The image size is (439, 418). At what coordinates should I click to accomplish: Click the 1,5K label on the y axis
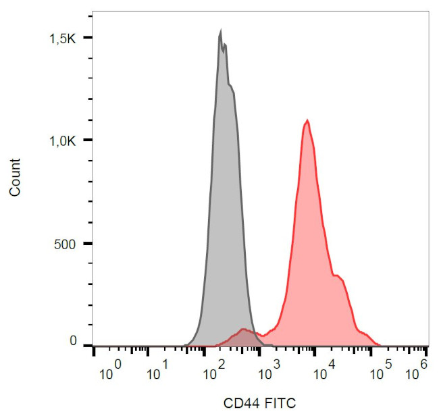pos(65,38)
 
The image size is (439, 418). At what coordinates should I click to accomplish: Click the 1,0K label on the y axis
pos(65,140)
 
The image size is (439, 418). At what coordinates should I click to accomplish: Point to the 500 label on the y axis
pos(68,243)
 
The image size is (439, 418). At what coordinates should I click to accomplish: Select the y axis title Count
pos(15,178)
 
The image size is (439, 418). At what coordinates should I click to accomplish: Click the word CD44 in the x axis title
pos(240,403)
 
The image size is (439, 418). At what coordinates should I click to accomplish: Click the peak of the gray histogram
pos(220,31)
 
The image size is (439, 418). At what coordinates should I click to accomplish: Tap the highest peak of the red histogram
pos(308,121)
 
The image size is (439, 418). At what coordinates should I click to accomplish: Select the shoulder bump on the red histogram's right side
pos(338,276)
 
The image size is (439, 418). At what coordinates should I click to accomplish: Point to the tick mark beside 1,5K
pos(88,38)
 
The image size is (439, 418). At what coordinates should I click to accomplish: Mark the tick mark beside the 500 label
pos(88,243)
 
